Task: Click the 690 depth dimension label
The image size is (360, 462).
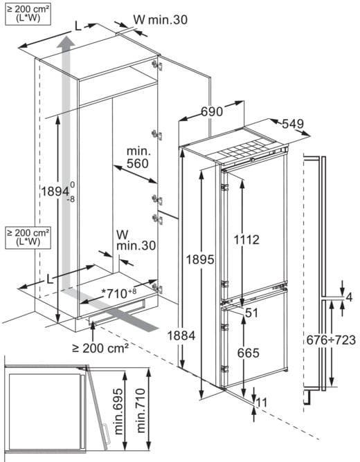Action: [x=212, y=111]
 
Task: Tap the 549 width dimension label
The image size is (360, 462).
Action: [x=293, y=124]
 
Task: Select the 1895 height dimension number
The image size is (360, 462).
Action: [x=200, y=259]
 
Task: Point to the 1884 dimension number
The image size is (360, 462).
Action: [x=181, y=335]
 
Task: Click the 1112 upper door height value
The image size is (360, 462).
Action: [x=246, y=240]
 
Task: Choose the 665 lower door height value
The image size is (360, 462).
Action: [x=249, y=353]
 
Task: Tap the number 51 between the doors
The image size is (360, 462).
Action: [x=251, y=313]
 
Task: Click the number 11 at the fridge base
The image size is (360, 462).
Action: [x=262, y=403]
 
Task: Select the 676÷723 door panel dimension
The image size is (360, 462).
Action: [x=331, y=340]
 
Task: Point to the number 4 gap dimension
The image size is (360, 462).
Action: [x=349, y=297]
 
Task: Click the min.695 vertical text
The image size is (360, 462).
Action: [x=118, y=412]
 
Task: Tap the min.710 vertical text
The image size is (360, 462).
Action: [x=141, y=410]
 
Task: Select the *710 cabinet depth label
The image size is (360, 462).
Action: [x=119, y=293]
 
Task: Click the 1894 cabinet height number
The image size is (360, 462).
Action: [x=55, y=192]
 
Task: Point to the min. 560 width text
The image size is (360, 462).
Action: [x=138, y=158]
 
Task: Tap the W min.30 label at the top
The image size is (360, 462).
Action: [x=161, y=20]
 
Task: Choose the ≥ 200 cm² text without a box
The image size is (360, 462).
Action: [x=100, y=349]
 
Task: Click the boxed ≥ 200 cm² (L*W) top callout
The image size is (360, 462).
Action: [x=28, y=14]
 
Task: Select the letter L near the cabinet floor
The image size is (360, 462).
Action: [x=50, y=279]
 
